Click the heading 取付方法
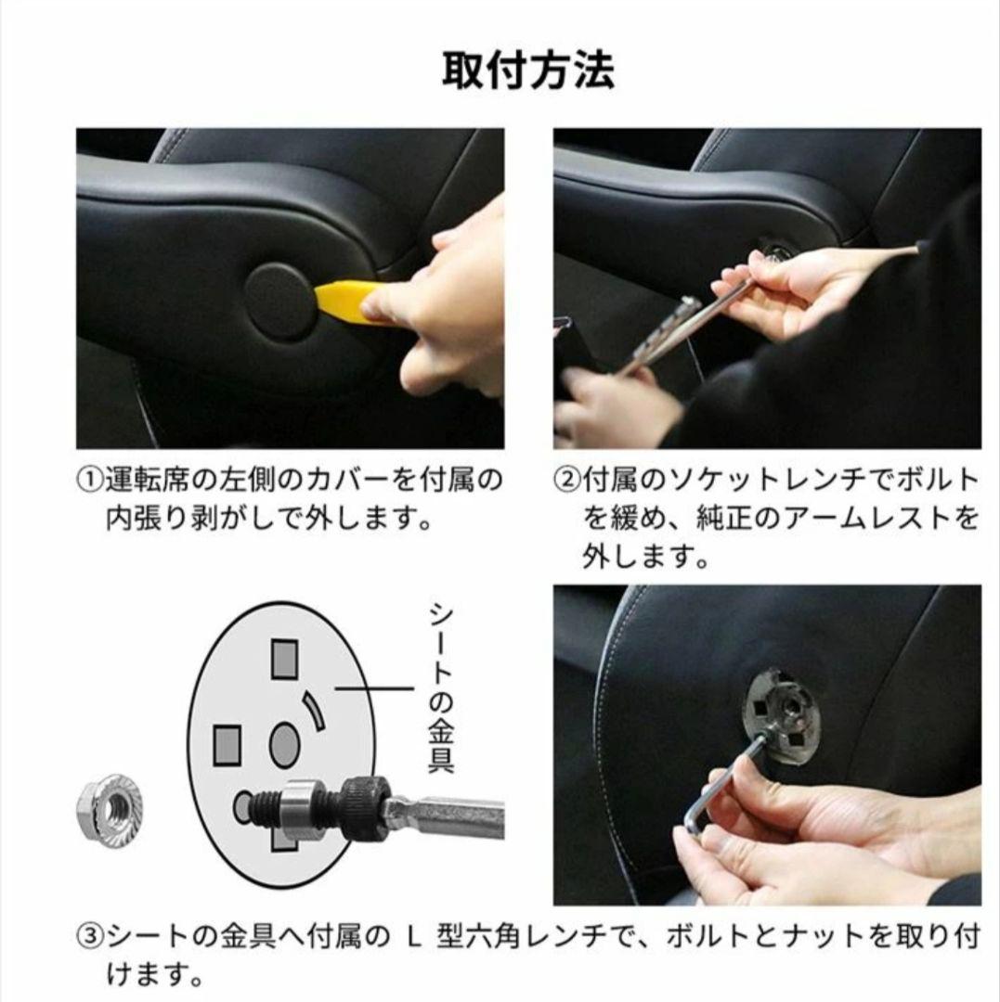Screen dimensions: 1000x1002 528,71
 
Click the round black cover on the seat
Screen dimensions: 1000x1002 280,302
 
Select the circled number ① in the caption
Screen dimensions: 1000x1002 90,480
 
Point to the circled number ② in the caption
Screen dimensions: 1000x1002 566,480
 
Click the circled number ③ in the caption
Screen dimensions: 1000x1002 90,937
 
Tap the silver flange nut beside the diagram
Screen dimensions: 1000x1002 110,808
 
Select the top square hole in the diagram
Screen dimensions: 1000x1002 284,659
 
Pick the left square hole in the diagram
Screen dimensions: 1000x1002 227,745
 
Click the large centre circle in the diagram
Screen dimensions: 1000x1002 284,745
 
